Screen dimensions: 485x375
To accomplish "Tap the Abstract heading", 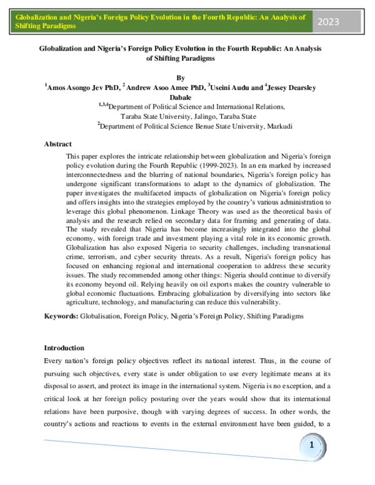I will coord(57,144).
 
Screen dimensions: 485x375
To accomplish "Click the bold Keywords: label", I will coord(61,317).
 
